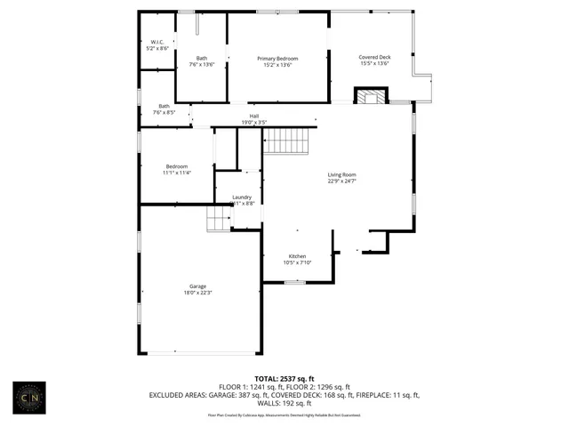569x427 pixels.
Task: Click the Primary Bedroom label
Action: tap(277, 59)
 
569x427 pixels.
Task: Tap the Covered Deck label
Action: tap(375, 57)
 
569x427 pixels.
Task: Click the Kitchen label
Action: tap(297, 256)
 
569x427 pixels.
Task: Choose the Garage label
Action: tap(197, 286)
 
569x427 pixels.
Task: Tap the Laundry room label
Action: tap(242, 197)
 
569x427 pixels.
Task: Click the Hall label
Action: tap(254, 116)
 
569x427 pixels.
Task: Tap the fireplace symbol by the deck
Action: tap(372, 96)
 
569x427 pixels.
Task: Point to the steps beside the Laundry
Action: tap(220, 219)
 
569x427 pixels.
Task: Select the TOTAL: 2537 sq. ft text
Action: tap(285, 378)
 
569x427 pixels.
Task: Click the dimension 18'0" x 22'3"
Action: tap(197, 293)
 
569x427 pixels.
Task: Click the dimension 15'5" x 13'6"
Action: tap(375, 64)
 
